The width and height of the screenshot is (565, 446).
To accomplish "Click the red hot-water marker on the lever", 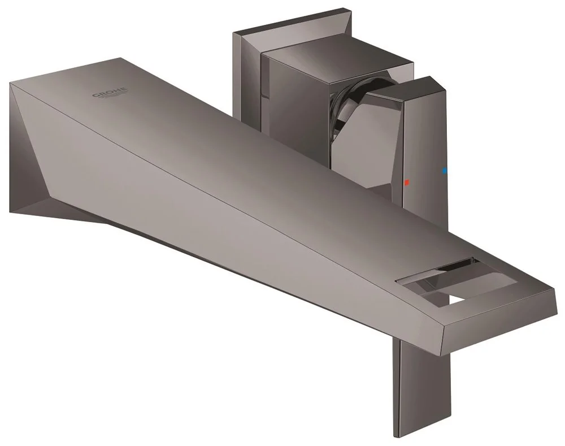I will [x=405, y=183].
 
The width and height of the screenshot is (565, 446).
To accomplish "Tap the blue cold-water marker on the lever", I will [x=444, y=170].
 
